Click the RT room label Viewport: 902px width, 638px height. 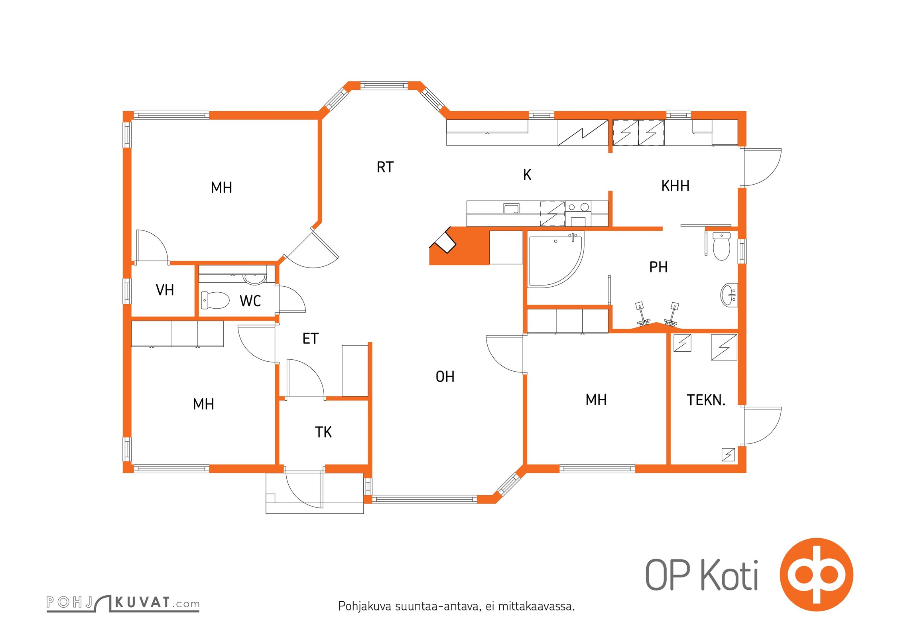click(385, 167)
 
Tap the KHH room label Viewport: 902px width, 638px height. click(675, 186)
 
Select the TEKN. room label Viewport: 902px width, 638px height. click(706, 400)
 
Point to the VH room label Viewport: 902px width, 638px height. click(165, 290)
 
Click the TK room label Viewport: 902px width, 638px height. click(323, 432)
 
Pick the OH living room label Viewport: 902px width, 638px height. click(445, 376)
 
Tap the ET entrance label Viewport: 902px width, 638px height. click(310, 339)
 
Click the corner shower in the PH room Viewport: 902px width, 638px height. click(556, 259)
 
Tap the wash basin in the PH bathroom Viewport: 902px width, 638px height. click(729, 295)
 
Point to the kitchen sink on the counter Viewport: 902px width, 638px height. click(511, 208)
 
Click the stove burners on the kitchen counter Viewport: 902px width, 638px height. click(578, 207)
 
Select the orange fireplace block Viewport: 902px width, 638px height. click(459, 246)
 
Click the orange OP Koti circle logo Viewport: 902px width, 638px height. click(816, 574)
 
